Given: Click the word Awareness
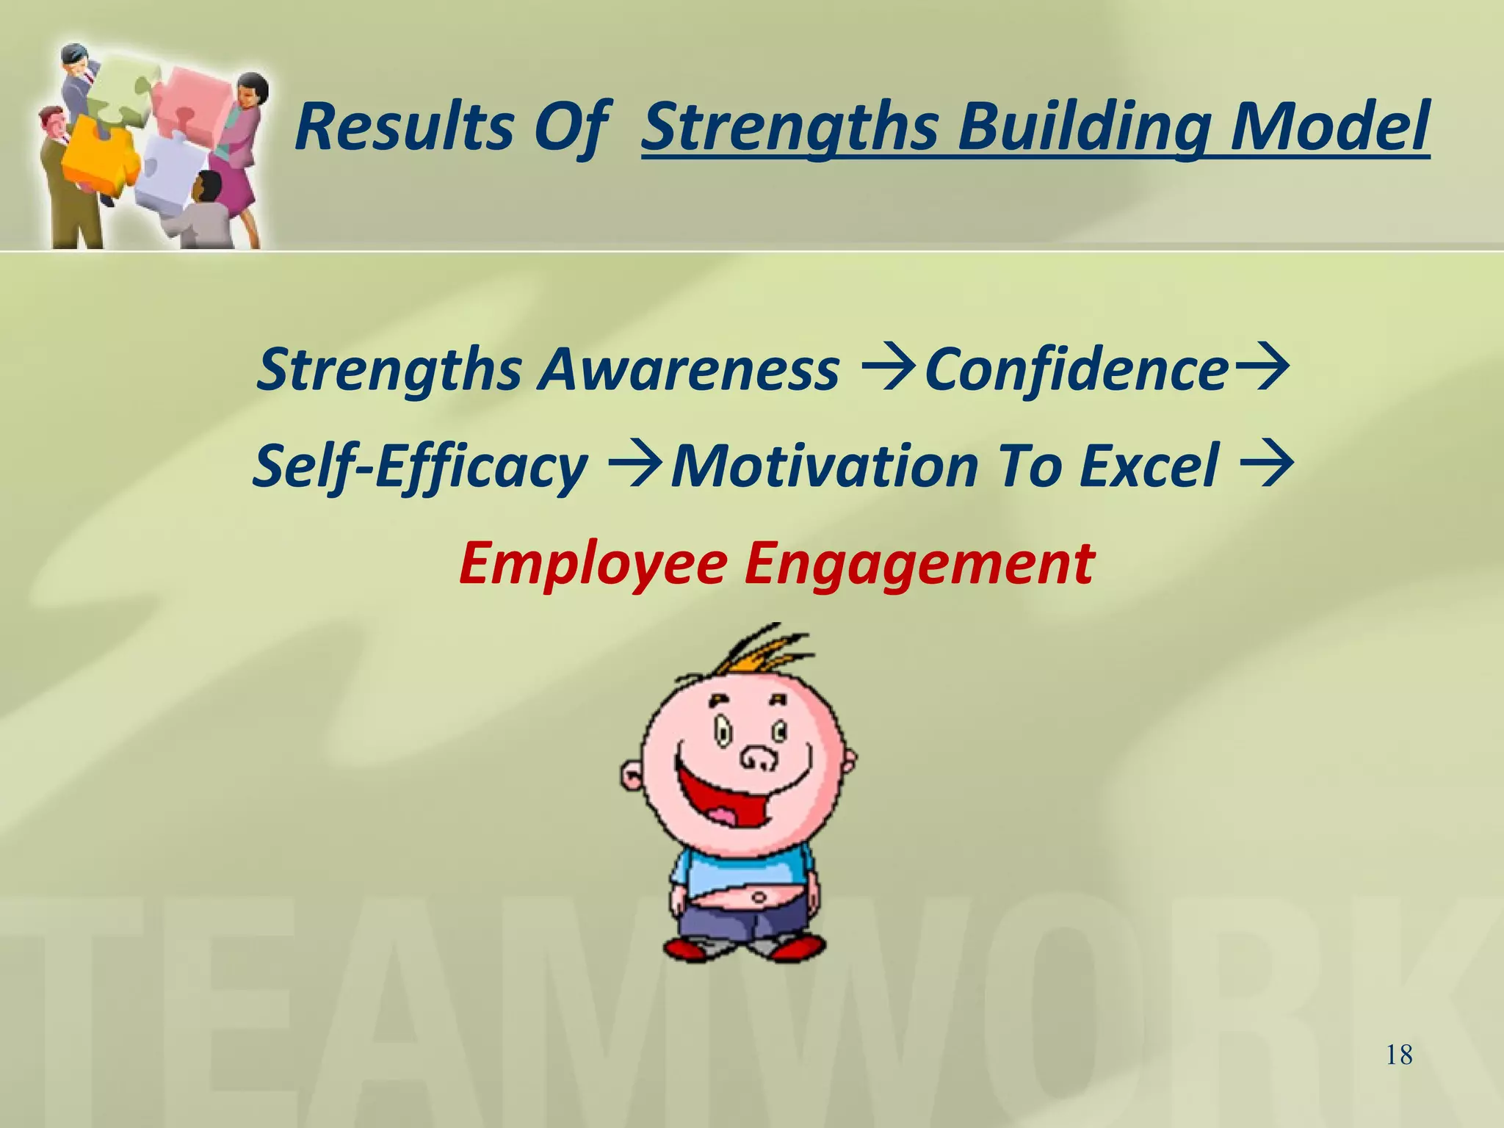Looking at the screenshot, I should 689,369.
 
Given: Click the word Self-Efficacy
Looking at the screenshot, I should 420,466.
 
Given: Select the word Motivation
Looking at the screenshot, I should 824,466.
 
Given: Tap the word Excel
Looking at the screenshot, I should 1149,466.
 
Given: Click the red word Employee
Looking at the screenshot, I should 592,564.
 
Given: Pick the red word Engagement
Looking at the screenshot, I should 919,564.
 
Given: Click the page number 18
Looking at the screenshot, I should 1399,1055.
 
